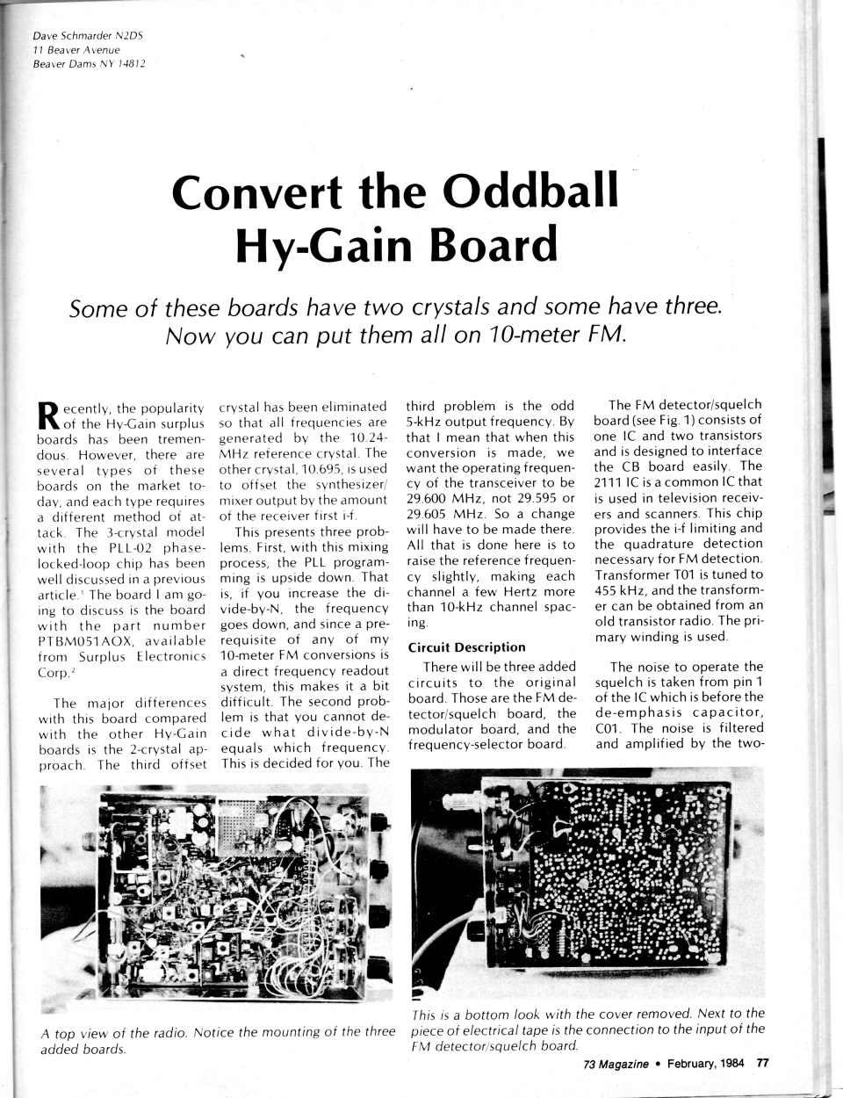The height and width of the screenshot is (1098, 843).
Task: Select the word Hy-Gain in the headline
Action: [x=323, y=245]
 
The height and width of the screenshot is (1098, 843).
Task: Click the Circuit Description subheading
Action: [x=466, y=647]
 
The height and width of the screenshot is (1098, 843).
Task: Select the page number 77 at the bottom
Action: [x=762, y=1064]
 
